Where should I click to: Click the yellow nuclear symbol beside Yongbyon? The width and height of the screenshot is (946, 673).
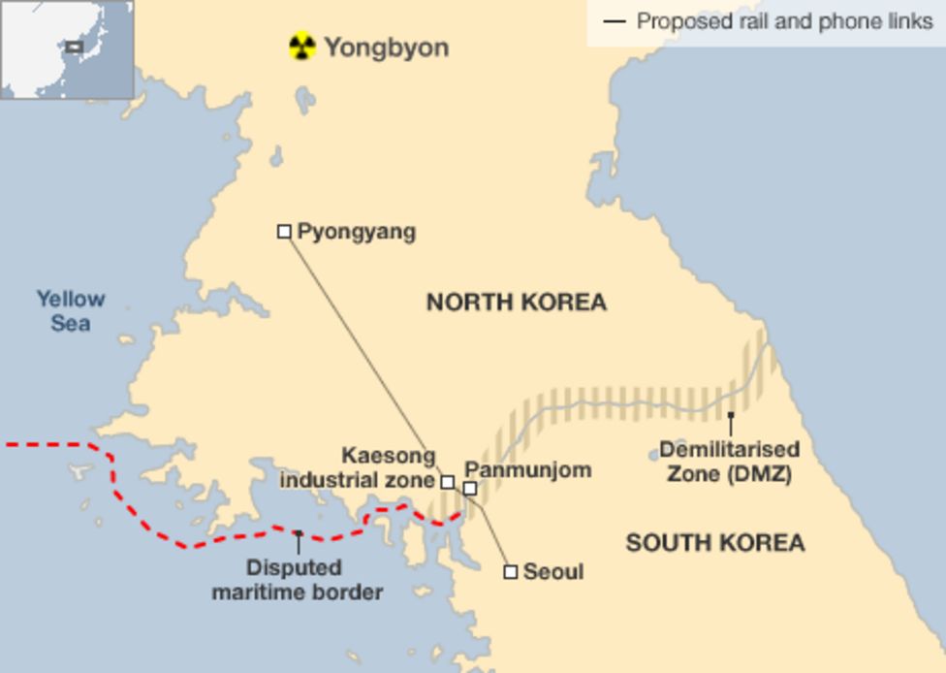click(x=302, y=46)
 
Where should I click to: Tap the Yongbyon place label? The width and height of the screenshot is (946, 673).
click(x=386, y=47)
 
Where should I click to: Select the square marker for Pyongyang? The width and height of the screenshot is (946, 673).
click(x=284, y=231)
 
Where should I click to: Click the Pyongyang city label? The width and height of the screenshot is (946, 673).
click(x=356, y=231)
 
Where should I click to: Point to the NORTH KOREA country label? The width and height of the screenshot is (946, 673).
click(x=517, y=302)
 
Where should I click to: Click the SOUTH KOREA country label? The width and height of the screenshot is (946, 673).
click(x=714, y=542)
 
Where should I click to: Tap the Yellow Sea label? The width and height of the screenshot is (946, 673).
click(x=71, y=310)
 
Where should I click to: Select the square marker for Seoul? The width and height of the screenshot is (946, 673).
click(x=510, y=572)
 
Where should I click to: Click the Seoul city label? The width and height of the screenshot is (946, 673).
click(x=552, y=572)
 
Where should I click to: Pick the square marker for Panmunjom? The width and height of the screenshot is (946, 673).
click(x=469, y=489)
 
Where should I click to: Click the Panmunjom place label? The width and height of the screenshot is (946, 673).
click(x=527, y=470)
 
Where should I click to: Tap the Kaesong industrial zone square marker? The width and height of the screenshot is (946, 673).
click(x=447, y=481)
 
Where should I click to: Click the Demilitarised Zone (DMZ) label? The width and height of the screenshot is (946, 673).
click(x=729, y=462)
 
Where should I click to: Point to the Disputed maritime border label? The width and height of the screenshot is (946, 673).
click(x=298, y=579)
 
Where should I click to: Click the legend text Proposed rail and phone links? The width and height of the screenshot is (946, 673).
click(x=783, y=20)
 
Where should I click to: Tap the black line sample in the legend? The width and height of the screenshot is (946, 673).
click(x=614, y=20)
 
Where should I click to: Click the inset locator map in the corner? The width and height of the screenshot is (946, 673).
click(x=66, y=48)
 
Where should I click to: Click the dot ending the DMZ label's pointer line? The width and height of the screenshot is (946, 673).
click(x=731, y=416)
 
